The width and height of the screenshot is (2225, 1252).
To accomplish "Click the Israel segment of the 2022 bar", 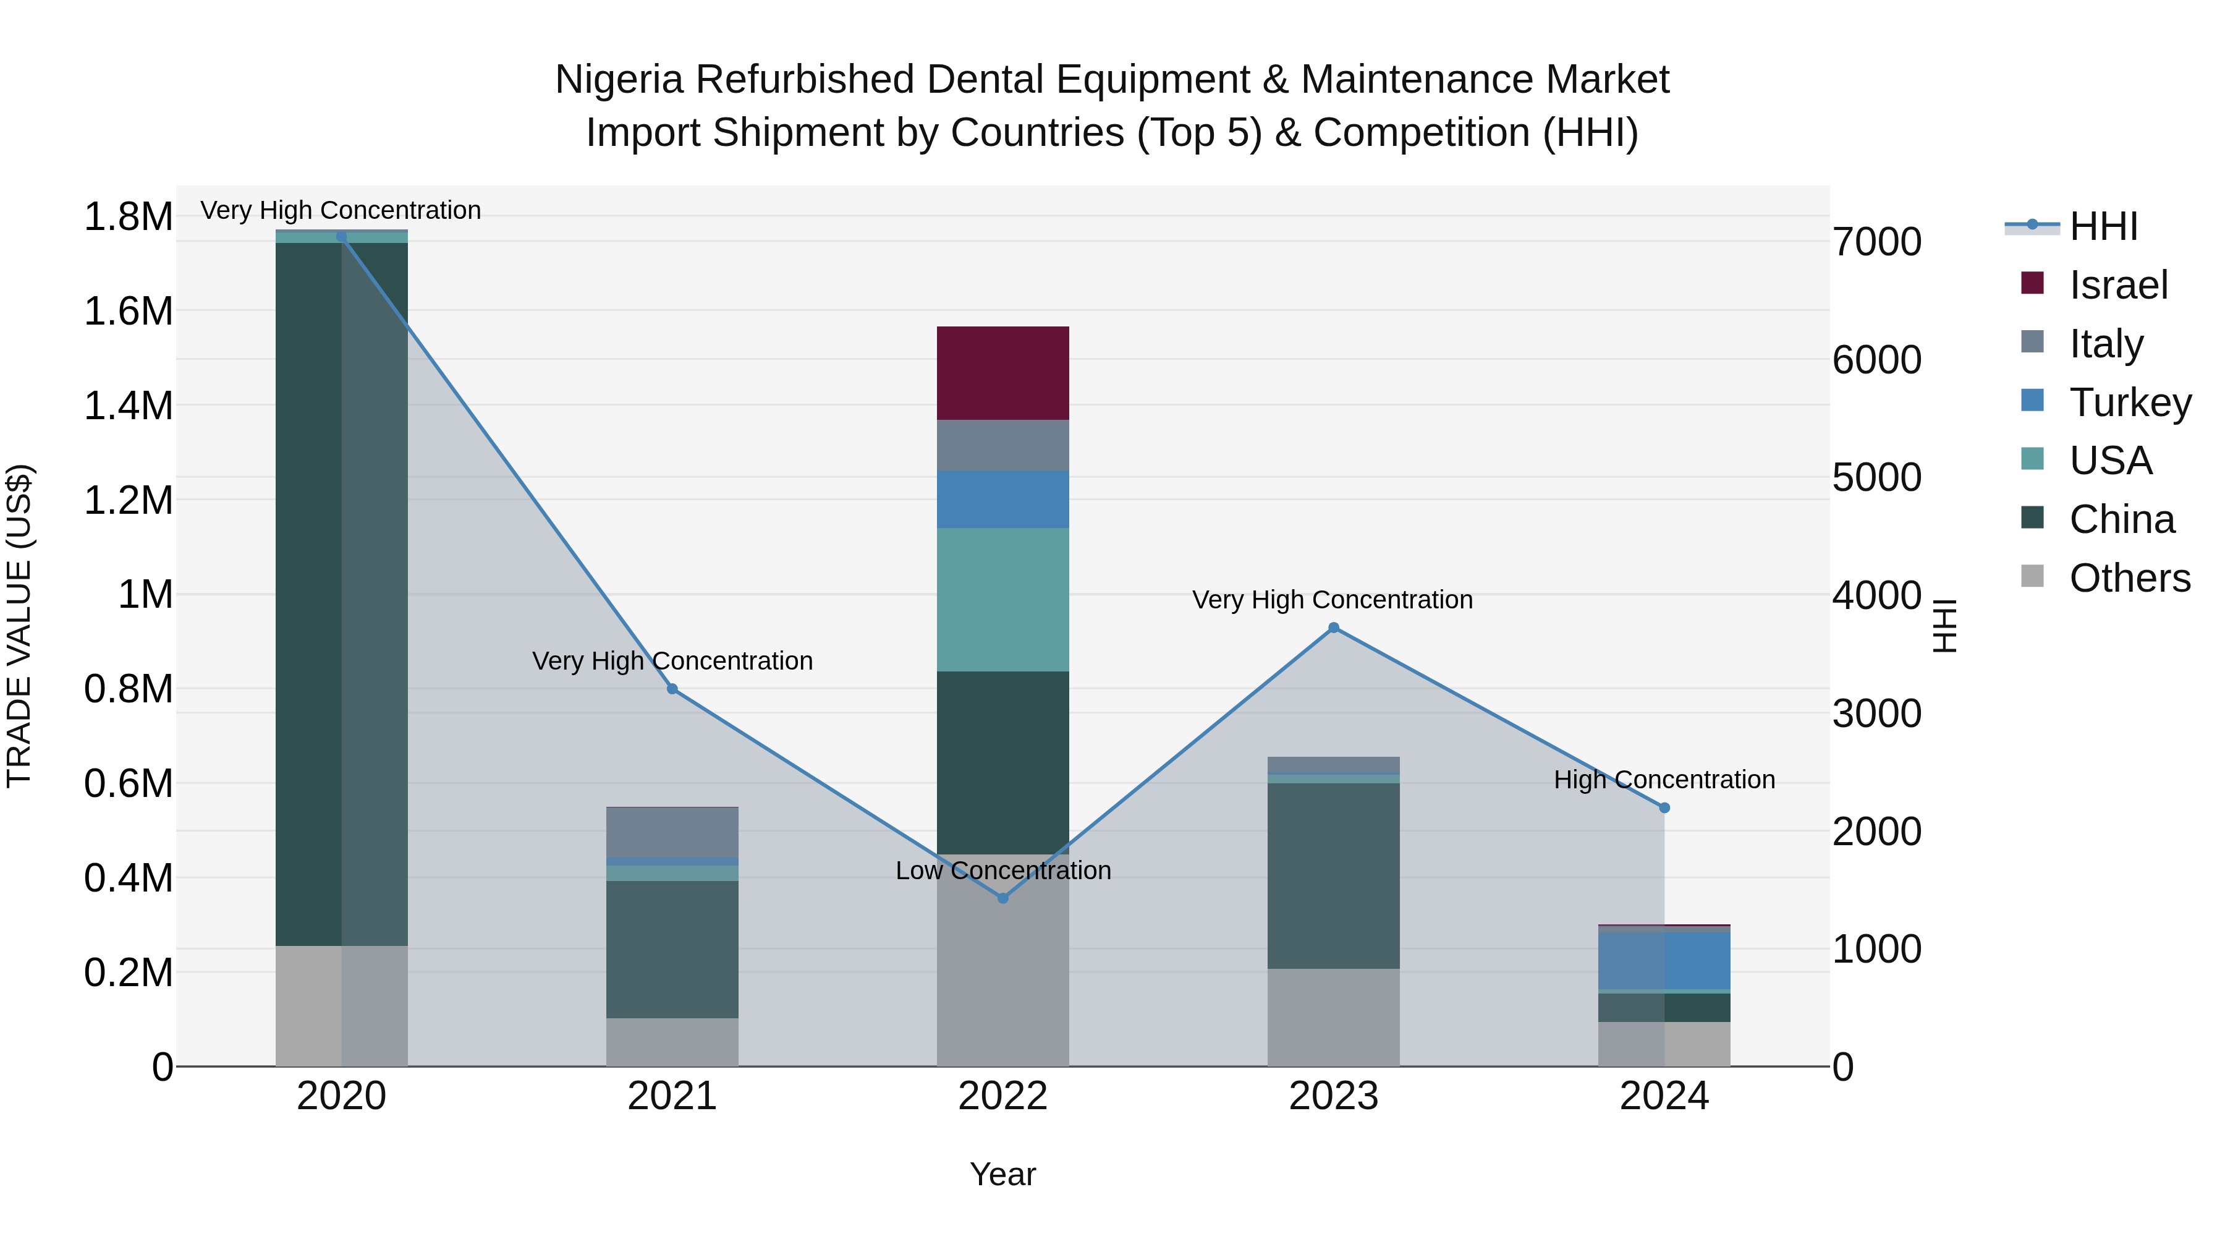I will pyautogui.click(x=1003, y=373).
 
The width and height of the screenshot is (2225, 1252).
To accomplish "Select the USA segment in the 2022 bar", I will pyautogui.click(x=1003, y=600).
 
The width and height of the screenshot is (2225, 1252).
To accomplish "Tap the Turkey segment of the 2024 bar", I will pyautogui.click(x=1664, y=961).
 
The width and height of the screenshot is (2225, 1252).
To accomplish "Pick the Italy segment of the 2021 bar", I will pyautogui.click(x=672, y=832).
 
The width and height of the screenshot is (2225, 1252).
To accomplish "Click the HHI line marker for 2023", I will pyautogui.click(x=1334, y=628).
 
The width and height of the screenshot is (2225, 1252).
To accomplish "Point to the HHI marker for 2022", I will pyautogui.click(x=1003, y=898).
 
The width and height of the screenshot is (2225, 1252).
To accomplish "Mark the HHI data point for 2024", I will pyautogui.click(x=1664, y=808).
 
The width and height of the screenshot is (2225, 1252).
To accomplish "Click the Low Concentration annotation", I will pyautogui.click(x=1003, y=871).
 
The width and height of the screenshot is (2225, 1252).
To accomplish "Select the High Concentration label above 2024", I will pyautogui.click(x=1664, y=780).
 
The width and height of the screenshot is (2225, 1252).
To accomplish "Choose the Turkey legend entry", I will pyautogui.click(x=2130, y=402).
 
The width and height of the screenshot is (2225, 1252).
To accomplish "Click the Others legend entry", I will pyautogui.click(x=2129, y=578).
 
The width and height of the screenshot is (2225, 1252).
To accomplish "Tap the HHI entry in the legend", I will pyautogui.click(x=2103, y=226).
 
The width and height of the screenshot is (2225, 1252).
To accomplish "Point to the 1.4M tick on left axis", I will pyautogui.click(x=128, y=406).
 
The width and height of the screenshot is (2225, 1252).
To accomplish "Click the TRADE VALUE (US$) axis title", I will pyautogui.click(x=19, y=626).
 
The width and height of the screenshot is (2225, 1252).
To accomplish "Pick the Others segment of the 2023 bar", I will pyautogui.click(x=1334, y=1017).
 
